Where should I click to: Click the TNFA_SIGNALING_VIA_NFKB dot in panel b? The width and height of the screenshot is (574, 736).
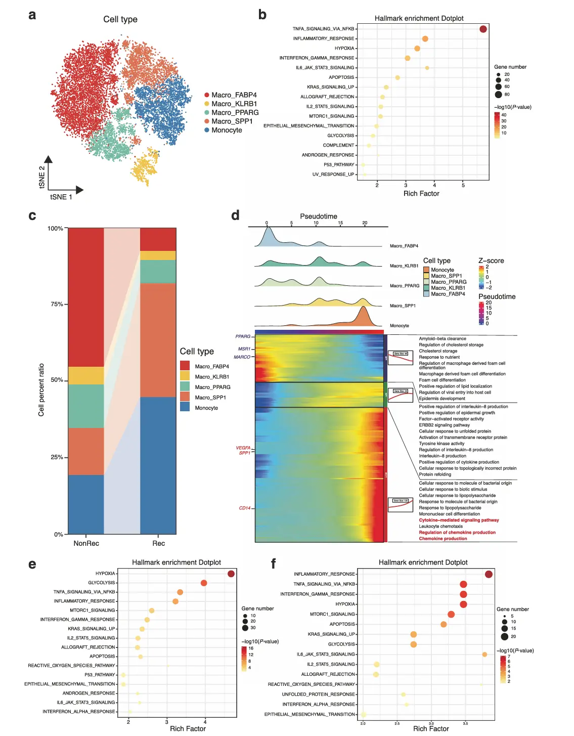[483, 29]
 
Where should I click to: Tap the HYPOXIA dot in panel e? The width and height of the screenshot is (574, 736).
[231, 574]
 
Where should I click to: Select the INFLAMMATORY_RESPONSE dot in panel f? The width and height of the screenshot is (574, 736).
[489, 574]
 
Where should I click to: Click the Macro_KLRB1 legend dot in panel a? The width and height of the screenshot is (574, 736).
[207, 104]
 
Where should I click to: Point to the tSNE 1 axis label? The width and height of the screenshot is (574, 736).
[61, 197]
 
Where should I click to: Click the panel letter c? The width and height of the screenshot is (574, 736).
[32, 216]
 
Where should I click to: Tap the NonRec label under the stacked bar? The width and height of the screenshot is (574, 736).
[86, 543]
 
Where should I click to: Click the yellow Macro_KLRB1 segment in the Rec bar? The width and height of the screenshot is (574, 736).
[158, 255]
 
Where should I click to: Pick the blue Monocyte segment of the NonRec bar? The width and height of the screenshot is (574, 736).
[86, 504]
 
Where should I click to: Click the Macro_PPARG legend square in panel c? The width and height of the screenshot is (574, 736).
[185, 386]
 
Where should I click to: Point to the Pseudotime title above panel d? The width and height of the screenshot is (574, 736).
[319, 216]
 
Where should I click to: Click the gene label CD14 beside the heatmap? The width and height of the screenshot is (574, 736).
[245, 508]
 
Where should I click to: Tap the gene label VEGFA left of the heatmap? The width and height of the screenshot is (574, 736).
[243, 448]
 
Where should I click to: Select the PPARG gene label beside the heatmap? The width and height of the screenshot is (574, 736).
[243, 336]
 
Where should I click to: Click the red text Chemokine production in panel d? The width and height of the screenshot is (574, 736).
[443, 539]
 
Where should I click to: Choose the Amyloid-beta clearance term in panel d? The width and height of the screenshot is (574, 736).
[443, 338]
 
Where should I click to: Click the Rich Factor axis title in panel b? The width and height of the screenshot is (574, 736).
[421, 193]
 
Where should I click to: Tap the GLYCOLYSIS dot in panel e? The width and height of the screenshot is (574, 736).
[204, 583]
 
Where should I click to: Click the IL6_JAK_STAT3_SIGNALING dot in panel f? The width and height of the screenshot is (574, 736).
[484, 655]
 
